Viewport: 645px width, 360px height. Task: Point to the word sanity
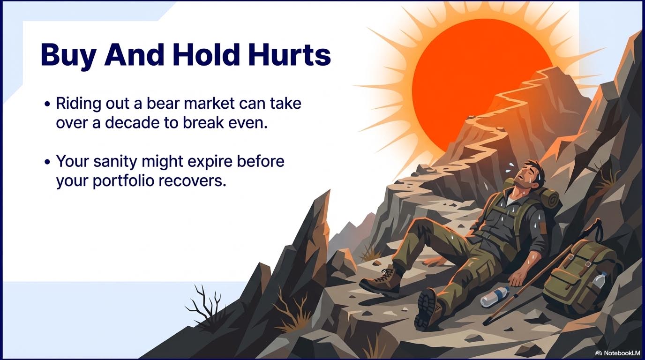115,162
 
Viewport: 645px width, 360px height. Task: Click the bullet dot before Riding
48,104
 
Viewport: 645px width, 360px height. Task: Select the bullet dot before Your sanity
48,162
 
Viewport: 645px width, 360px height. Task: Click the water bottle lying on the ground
495,296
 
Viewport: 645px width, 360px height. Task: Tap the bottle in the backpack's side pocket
599,280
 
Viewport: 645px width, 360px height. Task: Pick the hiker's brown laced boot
380,281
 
